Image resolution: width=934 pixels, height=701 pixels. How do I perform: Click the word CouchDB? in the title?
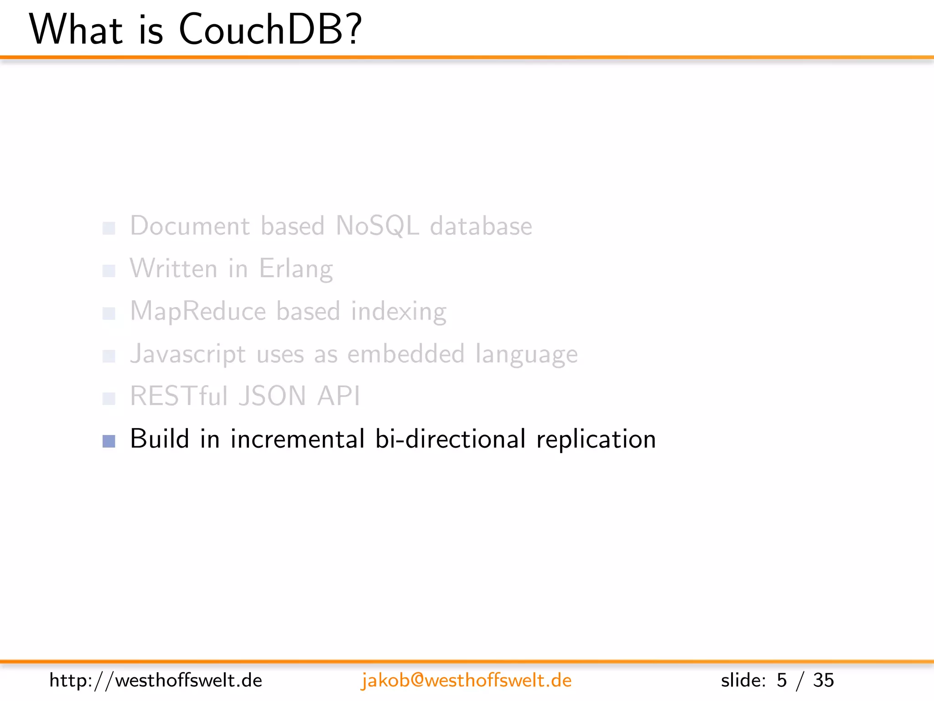point(270,30)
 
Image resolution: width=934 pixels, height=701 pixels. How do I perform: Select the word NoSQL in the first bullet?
point(377,226)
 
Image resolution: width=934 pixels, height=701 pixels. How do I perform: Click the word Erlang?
point(296,269)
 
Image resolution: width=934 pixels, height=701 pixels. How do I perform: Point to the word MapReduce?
point(198,311)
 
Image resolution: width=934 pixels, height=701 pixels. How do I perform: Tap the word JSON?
point(273,396)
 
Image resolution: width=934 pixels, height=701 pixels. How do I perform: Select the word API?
point(338,396)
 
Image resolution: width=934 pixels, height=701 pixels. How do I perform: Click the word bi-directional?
point(450,439)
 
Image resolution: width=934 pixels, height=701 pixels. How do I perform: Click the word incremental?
point(297,439)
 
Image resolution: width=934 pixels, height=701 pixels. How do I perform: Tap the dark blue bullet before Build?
point(109,441)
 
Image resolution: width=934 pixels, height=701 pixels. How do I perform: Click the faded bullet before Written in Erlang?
point(109,271)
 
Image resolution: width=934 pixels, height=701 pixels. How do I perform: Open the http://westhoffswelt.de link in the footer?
point(156,680)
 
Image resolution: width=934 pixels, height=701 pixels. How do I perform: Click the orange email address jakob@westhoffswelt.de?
point(466,680)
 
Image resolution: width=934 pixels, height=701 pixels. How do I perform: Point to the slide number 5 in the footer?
point(782,680)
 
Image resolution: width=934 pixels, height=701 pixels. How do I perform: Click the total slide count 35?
point(823,680)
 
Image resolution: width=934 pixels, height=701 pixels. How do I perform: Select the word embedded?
point(406,354)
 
